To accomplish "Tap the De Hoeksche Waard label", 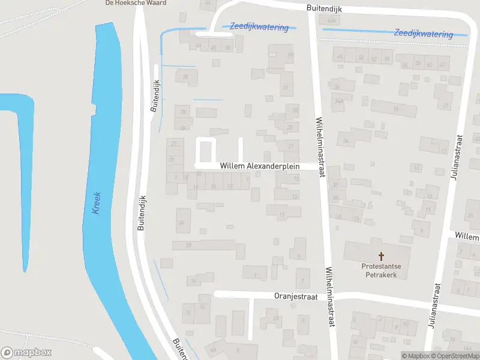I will click(x=127, y=2).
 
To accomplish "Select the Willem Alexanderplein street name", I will click(x=260, y=165).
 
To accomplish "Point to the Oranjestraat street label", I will click(x=295, y=296).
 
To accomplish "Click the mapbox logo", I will click(x=27, y=353).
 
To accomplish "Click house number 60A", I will click(x=329, y=20).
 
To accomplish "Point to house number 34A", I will click(x=340, y=101).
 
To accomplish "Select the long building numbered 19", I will click(x=394, y=109).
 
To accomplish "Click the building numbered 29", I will click(x=290, y=56).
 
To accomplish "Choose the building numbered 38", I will click(x=185, y=76).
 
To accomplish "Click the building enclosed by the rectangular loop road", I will click(x=206, y=149).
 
